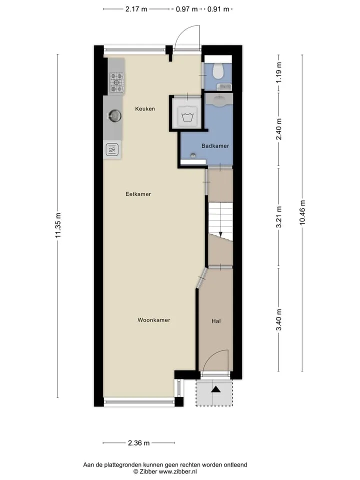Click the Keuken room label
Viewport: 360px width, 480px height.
pyautogui.click(x=145, y=108)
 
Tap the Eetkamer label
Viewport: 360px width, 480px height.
pyautogui.click(x=138, y=194)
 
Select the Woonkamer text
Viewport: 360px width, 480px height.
pyautogui.click(x=153, y=320)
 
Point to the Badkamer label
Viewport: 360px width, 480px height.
pyautogui.click(x=215, y=146)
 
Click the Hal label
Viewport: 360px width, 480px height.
pyautogui.click(x=216, y=321)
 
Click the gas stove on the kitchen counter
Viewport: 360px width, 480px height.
pyautogui.click(x=116, y=82)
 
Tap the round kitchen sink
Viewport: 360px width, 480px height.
pyautogui.click(x=115, y=115)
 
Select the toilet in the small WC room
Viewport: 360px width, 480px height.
pyautogui.click(x=218, y=70)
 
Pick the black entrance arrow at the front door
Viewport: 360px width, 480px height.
pyautogui.click(x=216, y=389)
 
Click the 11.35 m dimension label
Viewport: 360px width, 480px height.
pyautogui.click(x=58, y=225)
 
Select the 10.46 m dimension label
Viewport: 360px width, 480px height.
pyautogui.click(x=302, y=212)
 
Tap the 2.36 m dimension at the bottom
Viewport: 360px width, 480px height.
pyautogui.click(x=138, y=443)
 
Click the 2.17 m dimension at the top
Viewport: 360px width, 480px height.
pyautogui.click(x=136, y=9)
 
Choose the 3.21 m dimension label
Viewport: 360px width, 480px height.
pyautogui.click(x=279, y=217)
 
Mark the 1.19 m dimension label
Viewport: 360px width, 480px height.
pyautogui.click(x=279, y=72)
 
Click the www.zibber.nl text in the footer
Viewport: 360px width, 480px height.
pyautogui.click(x=178, y=471)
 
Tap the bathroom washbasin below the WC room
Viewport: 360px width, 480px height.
pyautogui.click(x=218, y=99)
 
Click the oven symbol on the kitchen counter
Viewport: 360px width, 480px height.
pyautogui.click(x=112, y=150)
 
